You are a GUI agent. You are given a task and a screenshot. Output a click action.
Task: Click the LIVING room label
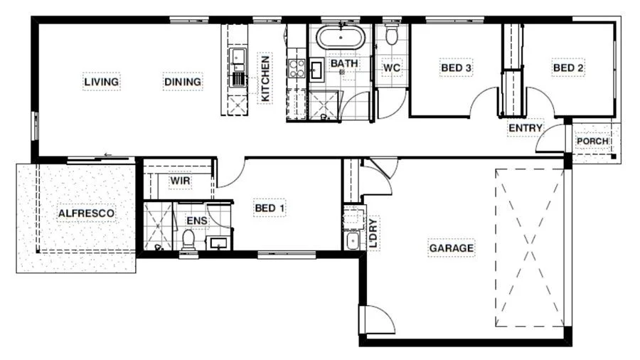click(x=102, y=82)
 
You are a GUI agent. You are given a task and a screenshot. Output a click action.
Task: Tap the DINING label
click(x=183, y=82)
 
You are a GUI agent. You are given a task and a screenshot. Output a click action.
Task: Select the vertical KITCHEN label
click(x=265, y=79)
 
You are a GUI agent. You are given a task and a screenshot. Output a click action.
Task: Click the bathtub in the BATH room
click(x=340, y=38)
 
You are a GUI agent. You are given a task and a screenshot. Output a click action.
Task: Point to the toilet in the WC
click(x=391, y=35)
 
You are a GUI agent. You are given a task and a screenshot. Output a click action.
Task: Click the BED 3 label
click(x=456, y=68)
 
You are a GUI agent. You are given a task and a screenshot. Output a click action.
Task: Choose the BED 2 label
click(x=568, y=68)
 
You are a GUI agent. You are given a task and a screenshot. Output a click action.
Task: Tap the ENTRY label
click(x=526, y=128)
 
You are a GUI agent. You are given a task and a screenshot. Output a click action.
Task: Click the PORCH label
click(x=592, y=141)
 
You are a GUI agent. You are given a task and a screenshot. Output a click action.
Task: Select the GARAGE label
click(x=452, y=248)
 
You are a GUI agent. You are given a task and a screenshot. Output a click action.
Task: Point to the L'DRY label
click(x=373, y=232)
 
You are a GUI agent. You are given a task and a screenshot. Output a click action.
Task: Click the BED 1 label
click(x=270, y=208)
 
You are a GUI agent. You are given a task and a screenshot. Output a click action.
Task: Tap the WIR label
click(x=180, y=181)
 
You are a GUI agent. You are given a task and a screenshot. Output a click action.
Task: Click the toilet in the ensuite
click(x=188, y=241)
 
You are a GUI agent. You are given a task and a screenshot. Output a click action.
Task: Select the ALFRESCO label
click(x=86, y=213)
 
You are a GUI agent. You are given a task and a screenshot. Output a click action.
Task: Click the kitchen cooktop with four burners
click(x=297, y=68)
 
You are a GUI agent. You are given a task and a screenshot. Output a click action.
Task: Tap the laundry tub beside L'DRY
click(x=352, y=240)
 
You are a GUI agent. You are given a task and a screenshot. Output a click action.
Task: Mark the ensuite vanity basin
click(x=218, y=243)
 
